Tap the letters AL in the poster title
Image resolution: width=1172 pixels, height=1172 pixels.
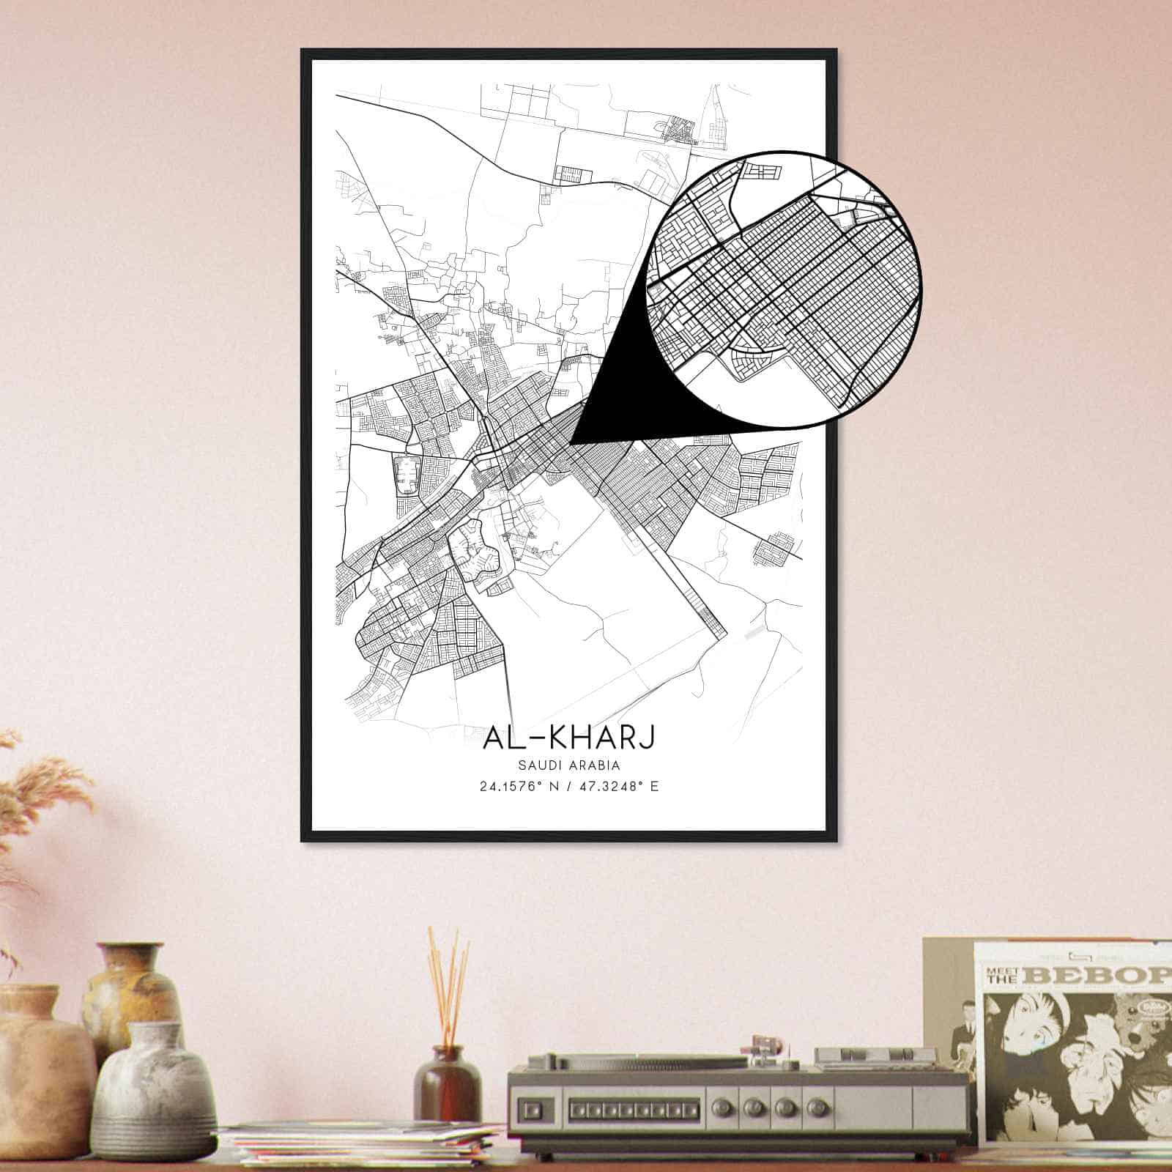(502, 738)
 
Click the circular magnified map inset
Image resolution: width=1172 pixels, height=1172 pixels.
(784, 289)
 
